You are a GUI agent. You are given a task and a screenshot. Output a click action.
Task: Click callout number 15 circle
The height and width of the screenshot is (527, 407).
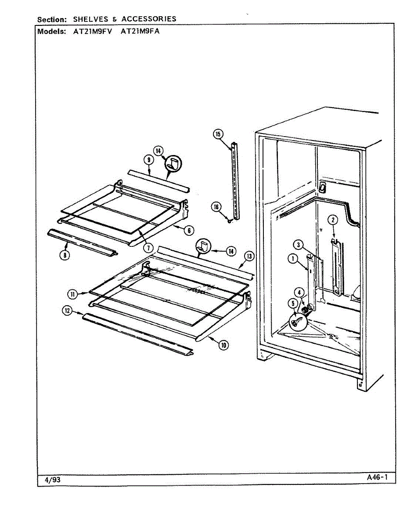[218, 134]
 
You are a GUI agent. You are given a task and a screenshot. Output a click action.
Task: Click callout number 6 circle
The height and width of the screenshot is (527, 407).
[189, 229]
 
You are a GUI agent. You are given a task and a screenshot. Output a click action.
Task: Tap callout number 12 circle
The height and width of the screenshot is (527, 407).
[67, 310]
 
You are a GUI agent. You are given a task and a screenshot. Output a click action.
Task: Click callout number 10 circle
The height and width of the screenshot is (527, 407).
[223, 345]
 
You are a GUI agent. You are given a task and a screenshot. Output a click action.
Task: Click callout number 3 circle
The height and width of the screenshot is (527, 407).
[298, 245]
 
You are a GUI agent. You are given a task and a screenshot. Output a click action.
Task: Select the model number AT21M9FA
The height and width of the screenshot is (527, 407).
[139, 32]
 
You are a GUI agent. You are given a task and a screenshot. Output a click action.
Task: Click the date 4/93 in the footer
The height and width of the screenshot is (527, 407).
[53, 480]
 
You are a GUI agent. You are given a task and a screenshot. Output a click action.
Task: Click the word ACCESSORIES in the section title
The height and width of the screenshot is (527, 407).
[149, 19]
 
